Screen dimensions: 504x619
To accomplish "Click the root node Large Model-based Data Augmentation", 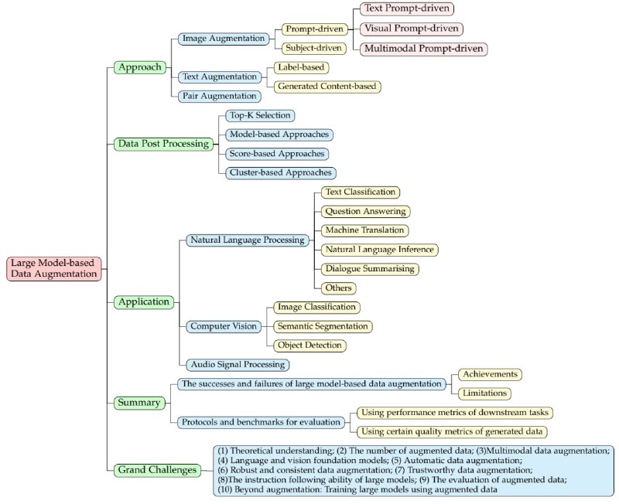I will (55, 267).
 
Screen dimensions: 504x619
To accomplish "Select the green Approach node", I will (140, 67).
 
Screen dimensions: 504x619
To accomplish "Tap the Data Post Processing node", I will (162, 144).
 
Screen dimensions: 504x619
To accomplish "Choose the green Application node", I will (144, 302).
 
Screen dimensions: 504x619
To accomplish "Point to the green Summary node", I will (139, 402).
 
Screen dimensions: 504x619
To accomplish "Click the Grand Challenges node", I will (154, 469).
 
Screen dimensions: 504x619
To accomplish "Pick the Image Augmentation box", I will (223, 38).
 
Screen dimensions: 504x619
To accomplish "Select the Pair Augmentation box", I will (219, 96).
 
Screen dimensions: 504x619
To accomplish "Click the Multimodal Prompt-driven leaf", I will (423, 49).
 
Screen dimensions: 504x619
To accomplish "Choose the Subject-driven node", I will (312, 48).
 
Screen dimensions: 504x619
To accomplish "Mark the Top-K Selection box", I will (259, 115).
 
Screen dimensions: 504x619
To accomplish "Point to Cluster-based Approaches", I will (280, 172).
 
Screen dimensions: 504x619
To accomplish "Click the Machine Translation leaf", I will (364, 230).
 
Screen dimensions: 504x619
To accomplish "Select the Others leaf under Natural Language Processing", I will (339, 288).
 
